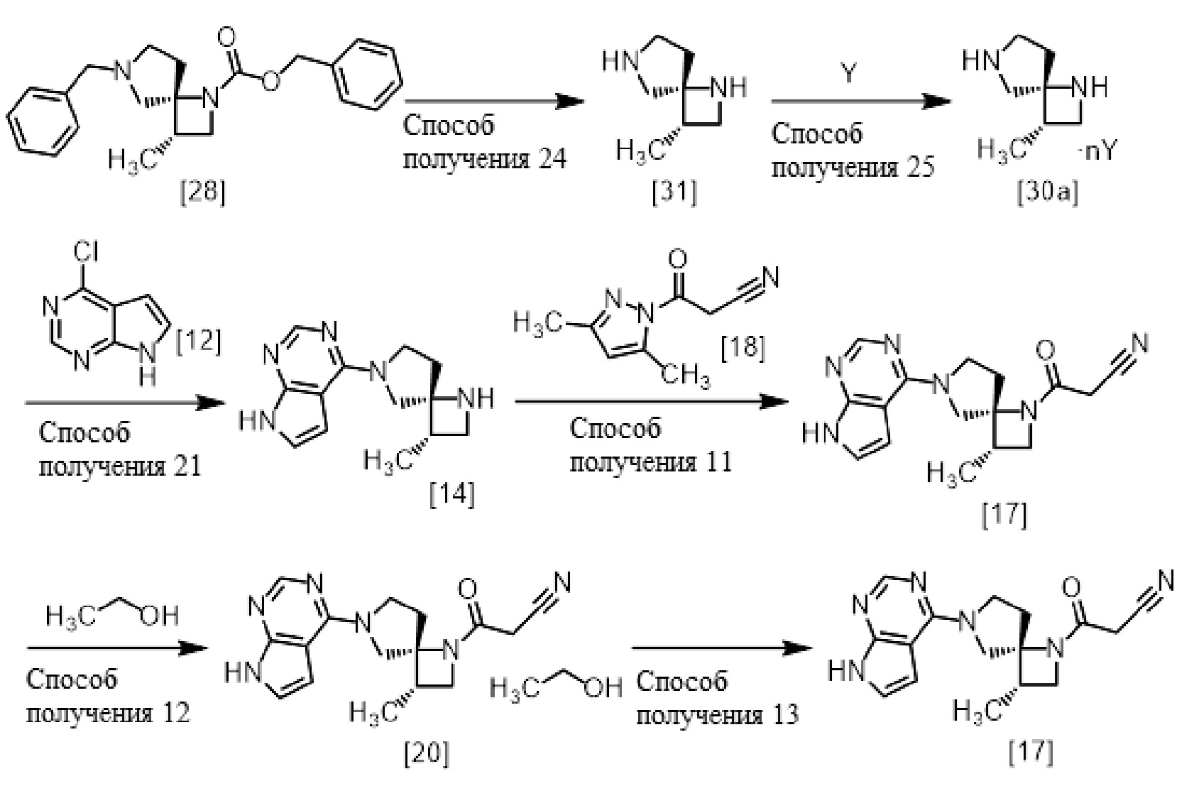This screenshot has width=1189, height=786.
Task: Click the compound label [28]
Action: coord(203,192)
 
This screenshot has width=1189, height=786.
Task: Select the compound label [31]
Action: coord(674,192)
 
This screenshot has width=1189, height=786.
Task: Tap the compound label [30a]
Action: coord(1047,194)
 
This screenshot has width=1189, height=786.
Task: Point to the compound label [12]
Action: coord(198,342)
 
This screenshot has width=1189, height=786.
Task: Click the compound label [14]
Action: coord(452,494)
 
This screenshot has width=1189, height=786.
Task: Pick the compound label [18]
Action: coord(743,349)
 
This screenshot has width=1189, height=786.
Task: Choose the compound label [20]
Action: coord(427,753)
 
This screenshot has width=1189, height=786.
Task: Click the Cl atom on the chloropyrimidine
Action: coord(86,252)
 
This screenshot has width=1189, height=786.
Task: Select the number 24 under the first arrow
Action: coord(552,159)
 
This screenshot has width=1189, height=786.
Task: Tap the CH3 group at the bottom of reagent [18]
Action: coord(686,375)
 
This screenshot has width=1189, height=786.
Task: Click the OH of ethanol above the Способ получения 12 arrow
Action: coord(159,616)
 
